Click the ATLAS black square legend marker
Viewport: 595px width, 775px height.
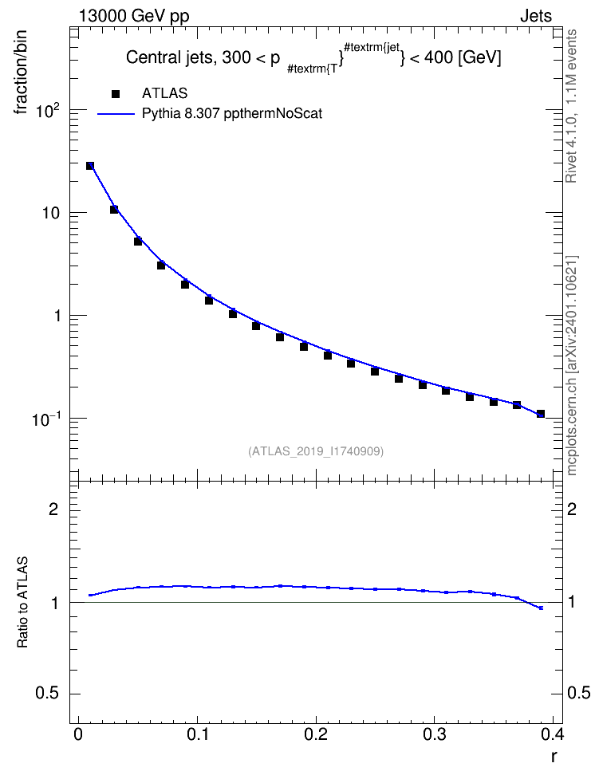[x=116, y=93]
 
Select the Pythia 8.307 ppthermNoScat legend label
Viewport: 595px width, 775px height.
[x=232, y=114]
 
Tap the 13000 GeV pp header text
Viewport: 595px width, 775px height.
[x=134, y=16]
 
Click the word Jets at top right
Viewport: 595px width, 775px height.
[x=536, y=16]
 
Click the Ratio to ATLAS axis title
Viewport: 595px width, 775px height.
[x=22, y=602]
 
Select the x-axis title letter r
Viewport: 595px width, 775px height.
[x=554, y=756]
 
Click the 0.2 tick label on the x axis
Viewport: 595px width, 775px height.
[x=316, y=734]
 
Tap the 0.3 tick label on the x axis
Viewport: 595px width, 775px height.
[x=434, y=734]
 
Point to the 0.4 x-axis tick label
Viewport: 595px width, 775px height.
[x=553, y=734]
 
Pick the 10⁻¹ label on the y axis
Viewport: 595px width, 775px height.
[x=46, y=419]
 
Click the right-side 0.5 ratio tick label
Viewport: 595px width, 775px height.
[x=578, y=694]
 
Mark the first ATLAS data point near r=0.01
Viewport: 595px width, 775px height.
[x=90, y=166]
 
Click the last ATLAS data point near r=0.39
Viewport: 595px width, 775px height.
[x=541, y=414]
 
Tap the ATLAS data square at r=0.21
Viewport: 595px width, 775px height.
[x=328, y=356]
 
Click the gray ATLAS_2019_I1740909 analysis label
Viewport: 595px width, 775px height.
[x=316, y=451]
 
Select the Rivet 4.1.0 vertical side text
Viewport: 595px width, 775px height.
[x=571, y=106]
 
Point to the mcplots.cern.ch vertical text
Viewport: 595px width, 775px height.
[x=572, y=365]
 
